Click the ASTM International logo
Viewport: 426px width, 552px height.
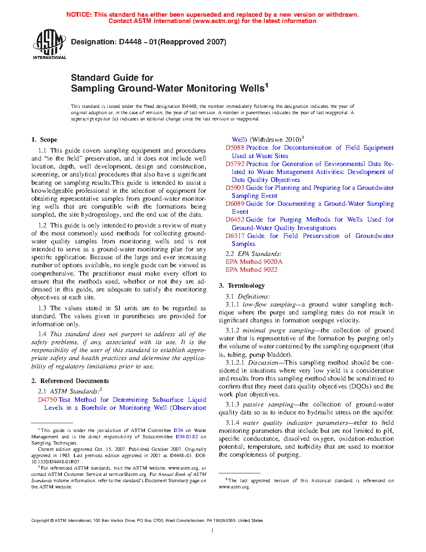pyautogui.click(x=49, y=44)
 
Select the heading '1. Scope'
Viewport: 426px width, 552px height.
pyautogui.click(x=44, y=140)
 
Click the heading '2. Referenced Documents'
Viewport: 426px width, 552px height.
pyautogui.click(x=70, y=381)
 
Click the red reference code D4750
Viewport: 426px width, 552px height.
pyautogui.click(x=48, y=400)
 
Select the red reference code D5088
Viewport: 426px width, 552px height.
pyautogui.click(x=235, y=148)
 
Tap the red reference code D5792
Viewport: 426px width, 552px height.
pyautogui.click(x=235, y=164)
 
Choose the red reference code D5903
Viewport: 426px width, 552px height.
pyautogui.click(x=235, y=188)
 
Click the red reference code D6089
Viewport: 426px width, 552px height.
pyautogui.click(x=235, y=204)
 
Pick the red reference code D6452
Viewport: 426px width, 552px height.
pyautogui.click(x=235, y=220)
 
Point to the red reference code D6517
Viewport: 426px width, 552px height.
pyautogui.click(x=235, y=236)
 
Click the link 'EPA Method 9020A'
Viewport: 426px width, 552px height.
pyautogui.click(x=254, y=262)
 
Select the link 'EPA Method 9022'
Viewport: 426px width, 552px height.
pyautogui.click(x=251, y=270)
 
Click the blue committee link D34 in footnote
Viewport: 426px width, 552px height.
pyautogui.click(x=178, y=430)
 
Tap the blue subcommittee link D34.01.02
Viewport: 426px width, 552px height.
pyautogui.click(x=187, y=437)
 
